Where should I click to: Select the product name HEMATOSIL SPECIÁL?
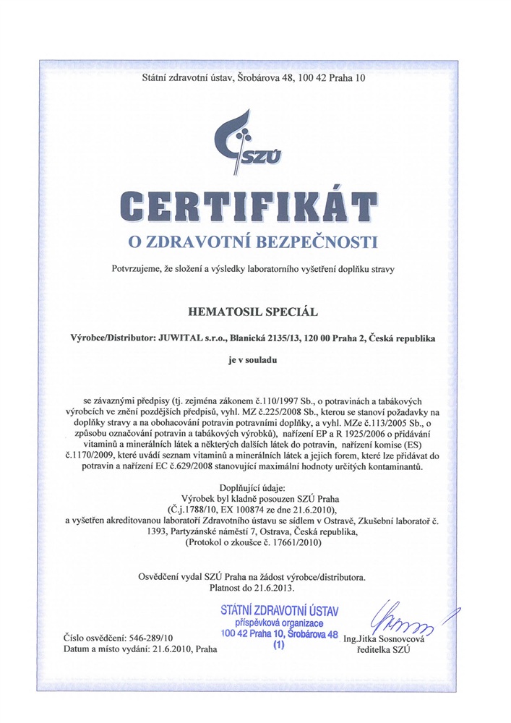pyautogui.click(x=255, y=312)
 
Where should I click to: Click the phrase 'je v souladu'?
pyautogui.click(x=255, y=359)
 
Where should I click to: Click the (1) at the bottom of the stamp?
pyautogui.click(x=279, y=647)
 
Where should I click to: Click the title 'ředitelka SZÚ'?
pyautogui.click(x=384, y=650)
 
